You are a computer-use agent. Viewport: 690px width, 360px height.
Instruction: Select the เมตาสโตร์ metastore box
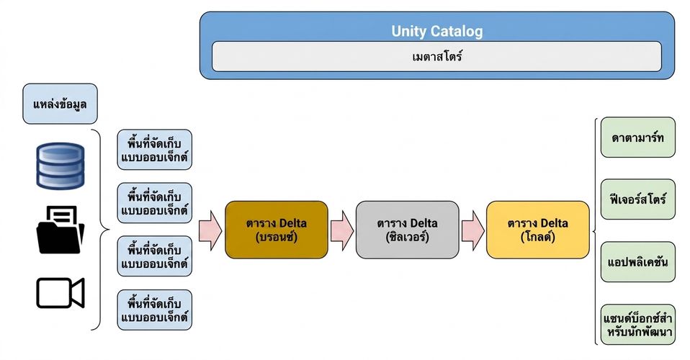(436, 56)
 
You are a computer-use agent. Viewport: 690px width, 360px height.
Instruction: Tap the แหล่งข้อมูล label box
(60, 104)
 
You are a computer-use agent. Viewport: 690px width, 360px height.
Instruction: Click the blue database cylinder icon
(60, 166)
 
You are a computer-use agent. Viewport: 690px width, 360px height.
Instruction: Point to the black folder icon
(60, 230)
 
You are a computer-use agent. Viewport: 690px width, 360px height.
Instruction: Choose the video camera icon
(60, 292)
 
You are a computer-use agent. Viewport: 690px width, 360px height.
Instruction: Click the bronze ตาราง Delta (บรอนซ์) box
(277, 230)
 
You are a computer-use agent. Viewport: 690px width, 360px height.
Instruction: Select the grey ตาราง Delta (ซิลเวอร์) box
(407, 230)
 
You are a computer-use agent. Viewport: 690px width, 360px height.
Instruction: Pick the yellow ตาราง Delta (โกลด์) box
(538, 230)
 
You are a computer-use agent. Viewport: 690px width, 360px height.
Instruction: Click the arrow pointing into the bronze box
(210, 230)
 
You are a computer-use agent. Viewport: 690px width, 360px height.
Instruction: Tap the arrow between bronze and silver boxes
(342, 230)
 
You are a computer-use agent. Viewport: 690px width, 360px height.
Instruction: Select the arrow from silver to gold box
(473, 230)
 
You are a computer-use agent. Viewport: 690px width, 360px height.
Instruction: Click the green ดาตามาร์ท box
(637, 138)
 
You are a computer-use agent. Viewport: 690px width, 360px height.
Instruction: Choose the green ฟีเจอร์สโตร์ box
(637, 199)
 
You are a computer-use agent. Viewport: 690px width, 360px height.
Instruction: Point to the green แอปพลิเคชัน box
(637, 262)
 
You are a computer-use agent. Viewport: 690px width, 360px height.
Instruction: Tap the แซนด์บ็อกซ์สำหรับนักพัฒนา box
(637, 324)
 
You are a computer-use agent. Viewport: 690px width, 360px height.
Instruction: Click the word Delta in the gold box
(554, 223)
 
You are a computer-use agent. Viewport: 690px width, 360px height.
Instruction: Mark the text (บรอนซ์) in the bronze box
(277, 237)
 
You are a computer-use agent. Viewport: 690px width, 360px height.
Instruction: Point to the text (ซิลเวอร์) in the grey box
(407, 237)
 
